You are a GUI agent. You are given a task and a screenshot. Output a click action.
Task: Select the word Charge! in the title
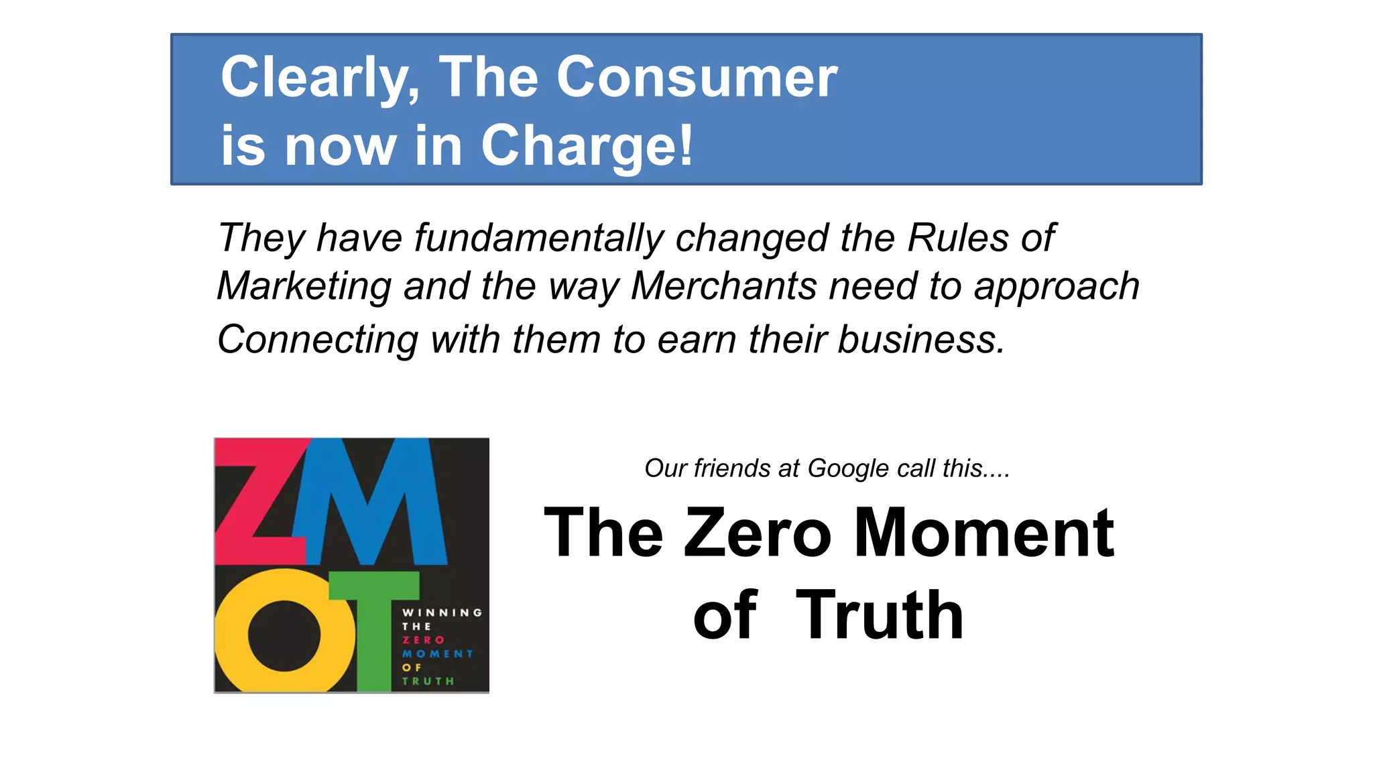click(587, 145)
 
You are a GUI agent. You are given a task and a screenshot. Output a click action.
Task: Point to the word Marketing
click(304, 286)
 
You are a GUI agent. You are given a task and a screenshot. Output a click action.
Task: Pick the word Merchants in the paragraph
click(724, 286)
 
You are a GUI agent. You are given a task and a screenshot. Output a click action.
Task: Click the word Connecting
click(318, 339)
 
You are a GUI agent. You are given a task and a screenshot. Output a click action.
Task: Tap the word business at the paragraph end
click(921, 339)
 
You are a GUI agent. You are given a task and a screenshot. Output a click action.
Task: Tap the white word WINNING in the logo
click(442, 613)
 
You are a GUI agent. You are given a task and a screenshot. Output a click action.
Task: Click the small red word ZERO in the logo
click(423, 640)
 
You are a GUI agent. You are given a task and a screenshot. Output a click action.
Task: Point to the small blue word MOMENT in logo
click(437, 653)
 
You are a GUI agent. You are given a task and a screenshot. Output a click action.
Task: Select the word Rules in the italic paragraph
click(957, 238)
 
